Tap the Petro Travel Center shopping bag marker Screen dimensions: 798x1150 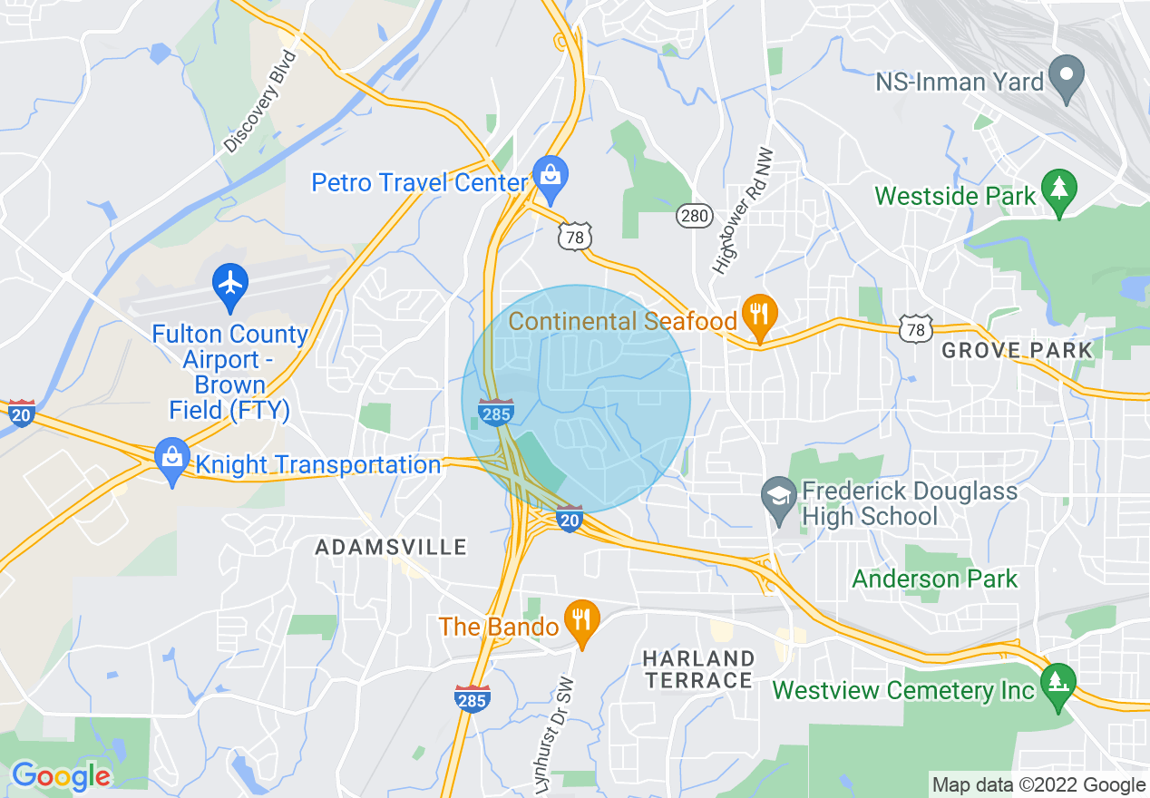pyautogui.click(x=550, y=172)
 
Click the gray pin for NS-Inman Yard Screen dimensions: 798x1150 pyautogui.click(x=1066, y=73)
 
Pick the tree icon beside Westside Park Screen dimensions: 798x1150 pyautogui.click(x=1058, y=189)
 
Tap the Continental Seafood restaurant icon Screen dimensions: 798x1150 pyautogui.click(x=759, y=314)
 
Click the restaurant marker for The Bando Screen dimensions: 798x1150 pyautogui.click(x=581, y=619)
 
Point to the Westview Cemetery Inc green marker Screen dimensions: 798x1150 pyautogui.click(x=1057, y=682)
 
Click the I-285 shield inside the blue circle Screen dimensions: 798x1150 pyautogui.click(x=497, y=412)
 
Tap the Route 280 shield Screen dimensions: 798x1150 pyautogui.click(x=693, y=216)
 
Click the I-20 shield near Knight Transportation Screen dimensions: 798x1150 pyautogui.click(x=21, y=413)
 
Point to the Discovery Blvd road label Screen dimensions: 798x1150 pyautogui.click(x=260, y=102)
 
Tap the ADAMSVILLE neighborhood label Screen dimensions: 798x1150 pyautogui.click(x=391, y=547)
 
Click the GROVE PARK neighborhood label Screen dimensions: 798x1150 pyautogui.click(x=1017, y=351)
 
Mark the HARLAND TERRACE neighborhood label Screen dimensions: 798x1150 pyautogui.click(x=698, y=668)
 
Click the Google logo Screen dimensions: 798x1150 pyautogui.click(x=61, y=775)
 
